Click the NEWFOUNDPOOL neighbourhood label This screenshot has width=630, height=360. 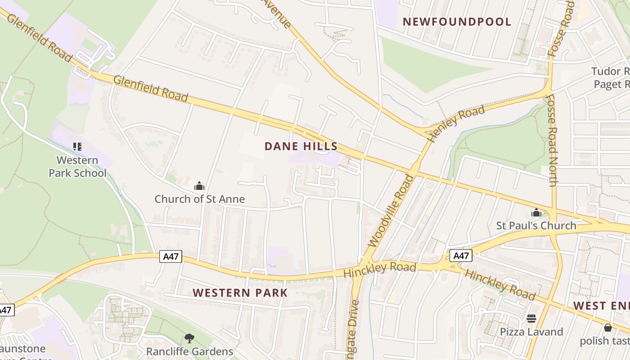(x=457, y=22)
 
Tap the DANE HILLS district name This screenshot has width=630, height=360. (x=301, y=146)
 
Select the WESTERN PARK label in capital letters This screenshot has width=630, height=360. (x=240, y=293)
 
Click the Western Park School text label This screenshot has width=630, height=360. (x=77, y=166)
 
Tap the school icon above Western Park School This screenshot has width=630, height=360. (x=77, y=146)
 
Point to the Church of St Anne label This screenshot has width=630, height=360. (x=199, y=199)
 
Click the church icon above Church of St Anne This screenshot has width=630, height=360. (x=199, y=185)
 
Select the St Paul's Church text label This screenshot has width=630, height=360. (x=536, y=225)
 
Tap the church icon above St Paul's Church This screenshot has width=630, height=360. (x=536, y=212)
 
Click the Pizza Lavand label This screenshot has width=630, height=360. (x=531, y=332)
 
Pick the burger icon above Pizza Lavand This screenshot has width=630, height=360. (x=531, y=319)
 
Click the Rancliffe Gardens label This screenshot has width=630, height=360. (x=189, y=351)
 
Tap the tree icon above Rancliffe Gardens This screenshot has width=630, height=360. (x=189, y=338)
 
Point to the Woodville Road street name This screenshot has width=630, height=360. (x=391, y=211)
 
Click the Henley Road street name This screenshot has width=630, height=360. (x=456, y=123)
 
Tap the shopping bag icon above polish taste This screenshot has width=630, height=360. (x=608, y=328)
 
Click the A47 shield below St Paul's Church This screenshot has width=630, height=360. (x=461, y=256)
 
